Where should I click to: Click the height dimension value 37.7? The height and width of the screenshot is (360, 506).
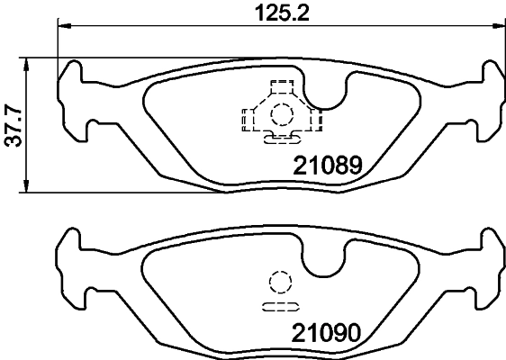pos(12,125)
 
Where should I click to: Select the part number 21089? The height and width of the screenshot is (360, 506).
pos(327,166)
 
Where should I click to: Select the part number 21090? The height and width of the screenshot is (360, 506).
pos(325,333)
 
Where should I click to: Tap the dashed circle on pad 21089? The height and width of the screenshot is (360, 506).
pos(283,114)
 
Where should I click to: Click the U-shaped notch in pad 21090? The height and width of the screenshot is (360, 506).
pos(323,262)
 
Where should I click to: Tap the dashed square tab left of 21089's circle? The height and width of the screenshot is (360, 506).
pos(248,117)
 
